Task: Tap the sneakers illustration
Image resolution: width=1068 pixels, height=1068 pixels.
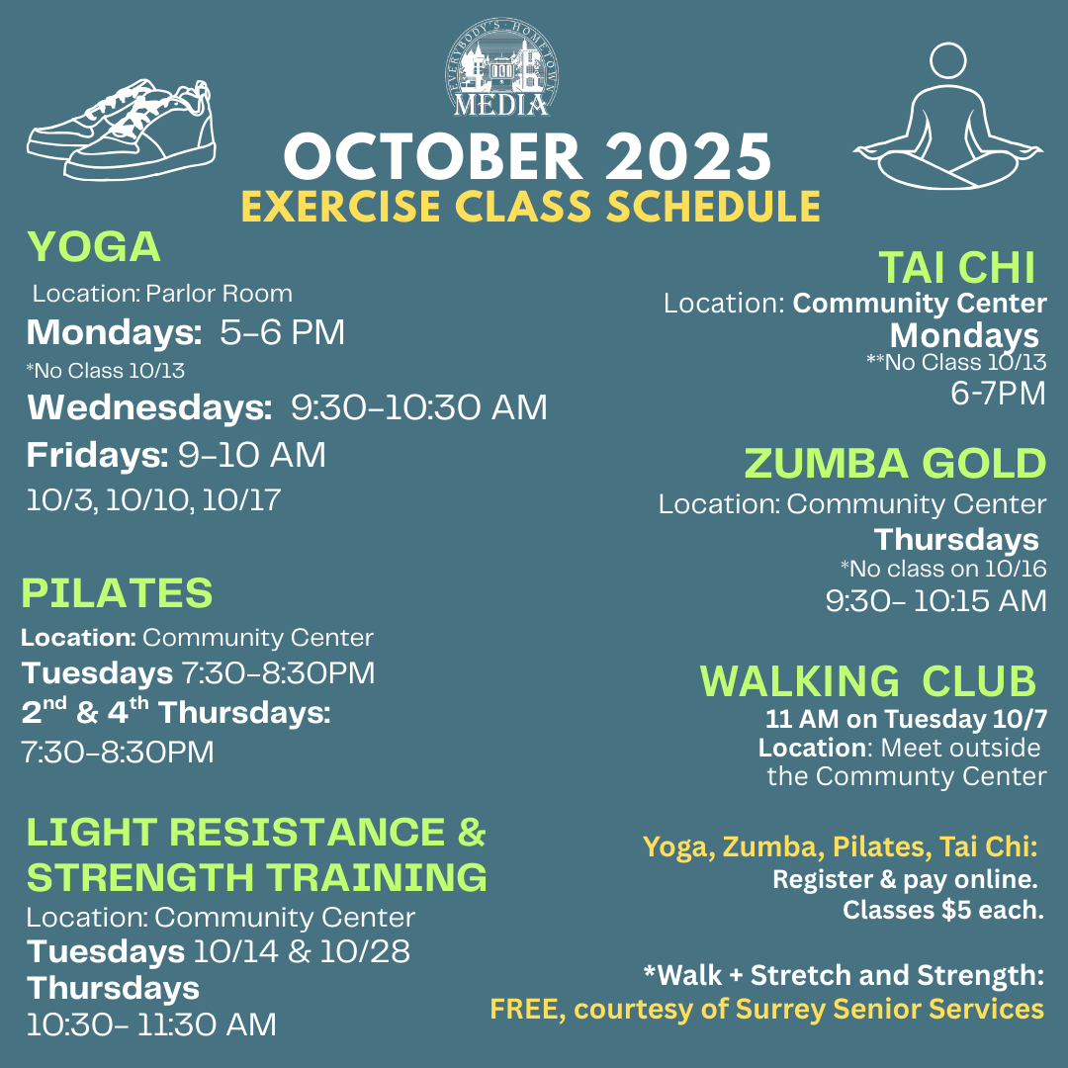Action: (x=121, y=131)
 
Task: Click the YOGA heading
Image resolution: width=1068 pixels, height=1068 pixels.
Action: (x=94, y=247)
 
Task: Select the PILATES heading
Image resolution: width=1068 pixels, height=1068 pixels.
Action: (x=117, y=593)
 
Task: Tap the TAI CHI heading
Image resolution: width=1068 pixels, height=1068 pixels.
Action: (x=956, y=267)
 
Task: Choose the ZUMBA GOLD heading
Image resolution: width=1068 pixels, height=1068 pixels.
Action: (x=895, y=463)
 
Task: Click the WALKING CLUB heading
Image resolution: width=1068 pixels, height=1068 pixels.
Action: (x=868, y=681)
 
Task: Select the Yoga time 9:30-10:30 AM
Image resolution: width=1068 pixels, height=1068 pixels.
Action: (x=418, y=407)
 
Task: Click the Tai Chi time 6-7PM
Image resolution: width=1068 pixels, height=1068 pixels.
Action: (x=997, y=394)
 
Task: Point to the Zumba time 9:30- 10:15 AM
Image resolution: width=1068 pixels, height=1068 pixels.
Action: (x=935, y=600)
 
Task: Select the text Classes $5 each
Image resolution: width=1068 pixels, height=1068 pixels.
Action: (x=942, y=910)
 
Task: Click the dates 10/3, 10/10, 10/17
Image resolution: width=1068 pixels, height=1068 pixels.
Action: (x=153, y=499)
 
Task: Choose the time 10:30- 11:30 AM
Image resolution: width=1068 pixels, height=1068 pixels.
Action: (x=151, y=1023)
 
